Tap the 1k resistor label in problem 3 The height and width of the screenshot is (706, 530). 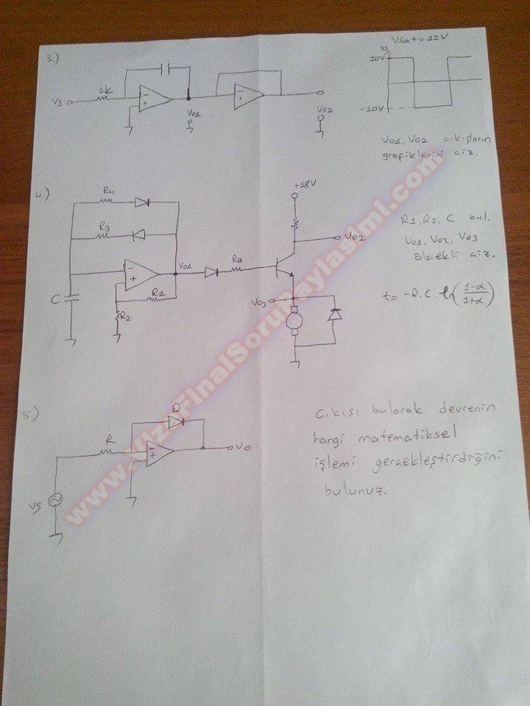pos(105,90)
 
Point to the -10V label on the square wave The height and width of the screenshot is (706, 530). pos(372,109)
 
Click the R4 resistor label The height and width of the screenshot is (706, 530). pos(109,193)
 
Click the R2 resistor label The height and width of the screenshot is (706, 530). pos(125,316)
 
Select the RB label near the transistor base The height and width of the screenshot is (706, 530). pos(237,259)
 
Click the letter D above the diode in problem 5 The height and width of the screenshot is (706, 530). pos(175,410)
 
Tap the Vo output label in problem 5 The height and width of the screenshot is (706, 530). pos(247,446)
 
